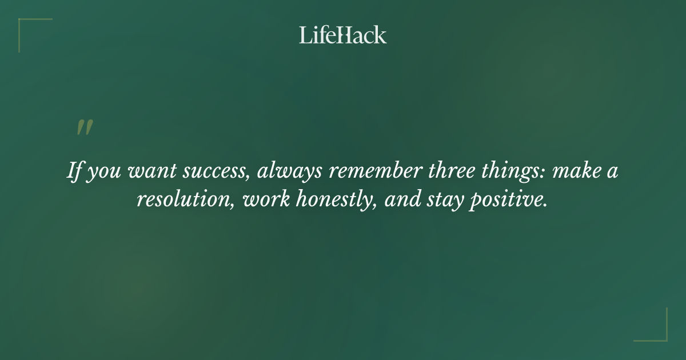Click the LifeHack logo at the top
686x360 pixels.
pos(343,35)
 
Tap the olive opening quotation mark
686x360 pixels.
pos(84,128)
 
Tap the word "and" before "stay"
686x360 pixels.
pos(400,201)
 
